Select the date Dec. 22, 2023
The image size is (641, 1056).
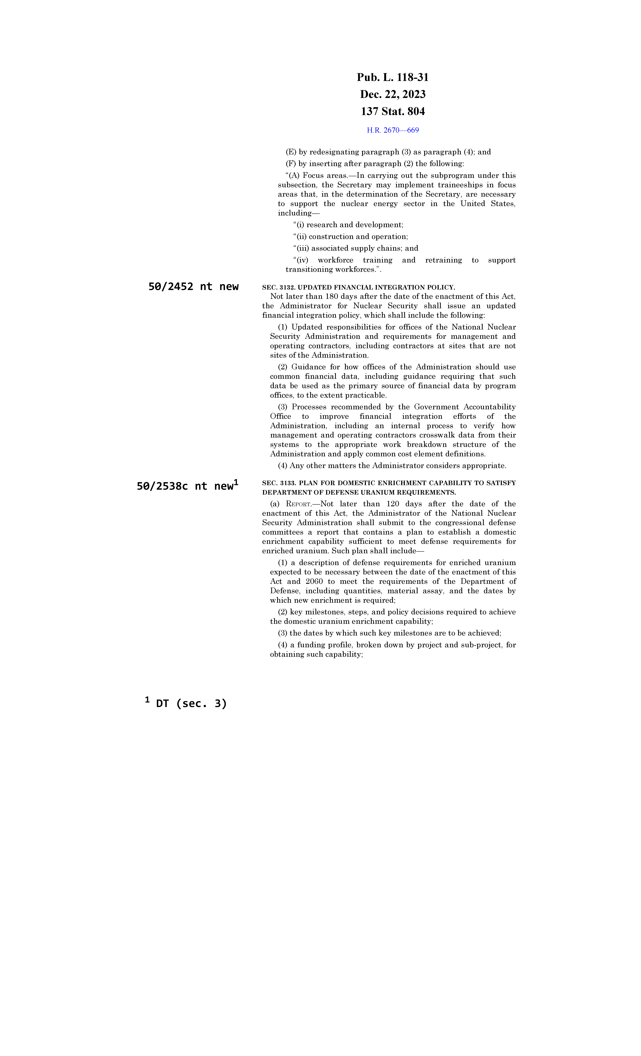point(393,94)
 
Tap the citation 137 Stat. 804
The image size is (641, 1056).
point(393,111)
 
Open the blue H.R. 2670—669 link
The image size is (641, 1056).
point(393,130)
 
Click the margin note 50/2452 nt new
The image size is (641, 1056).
point(193,287)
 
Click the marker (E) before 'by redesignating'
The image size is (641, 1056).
point(291,152)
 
